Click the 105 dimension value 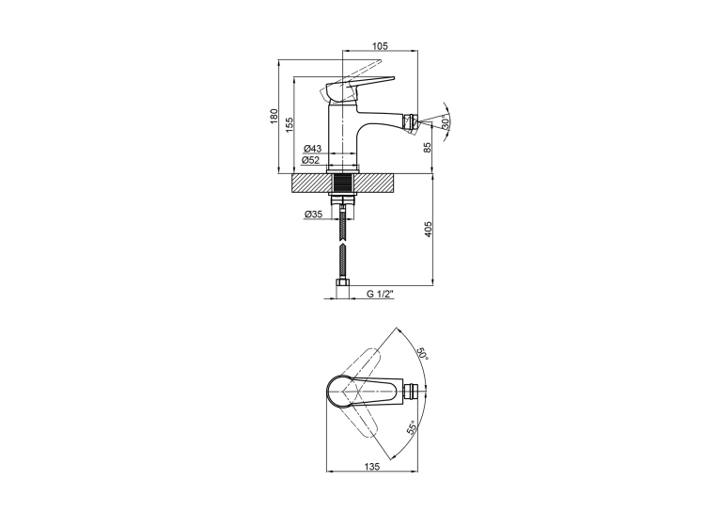click(380, 45)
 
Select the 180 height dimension click(274, 116)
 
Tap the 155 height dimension click(290, 124)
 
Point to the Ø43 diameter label click(312, 149)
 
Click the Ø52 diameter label click(310, 160)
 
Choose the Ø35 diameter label click(314, 215)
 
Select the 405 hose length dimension click(428, 229)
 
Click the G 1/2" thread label click(381, 295)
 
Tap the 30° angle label click(445, 122)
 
